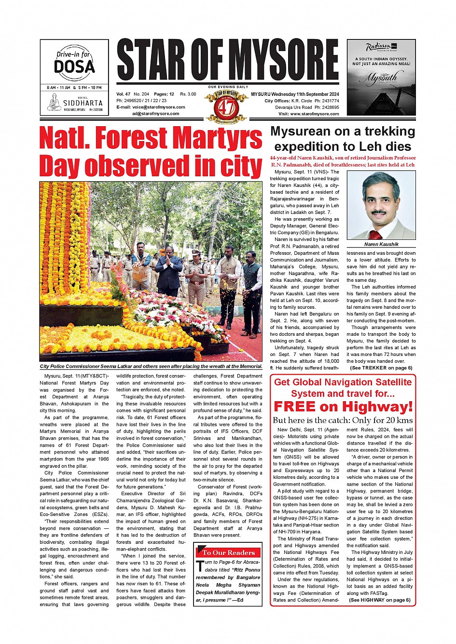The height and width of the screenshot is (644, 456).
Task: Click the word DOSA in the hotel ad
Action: (x=74, y=66)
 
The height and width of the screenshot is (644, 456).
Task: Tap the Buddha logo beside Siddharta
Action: (x=54, y=102)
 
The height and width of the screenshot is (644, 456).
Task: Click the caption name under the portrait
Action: (x=381, y=244)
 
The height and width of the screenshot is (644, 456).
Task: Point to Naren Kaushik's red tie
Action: (x=375, y=235)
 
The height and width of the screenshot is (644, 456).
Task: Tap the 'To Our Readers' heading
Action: (x=228, y=552)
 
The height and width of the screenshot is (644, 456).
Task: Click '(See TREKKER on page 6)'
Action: (x=381, y=368)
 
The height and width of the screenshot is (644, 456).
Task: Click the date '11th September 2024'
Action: (x=312, y=94)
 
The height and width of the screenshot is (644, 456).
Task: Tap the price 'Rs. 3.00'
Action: (x=188, y=94)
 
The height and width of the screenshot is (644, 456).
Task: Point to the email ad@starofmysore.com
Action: (x=155, y=114)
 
